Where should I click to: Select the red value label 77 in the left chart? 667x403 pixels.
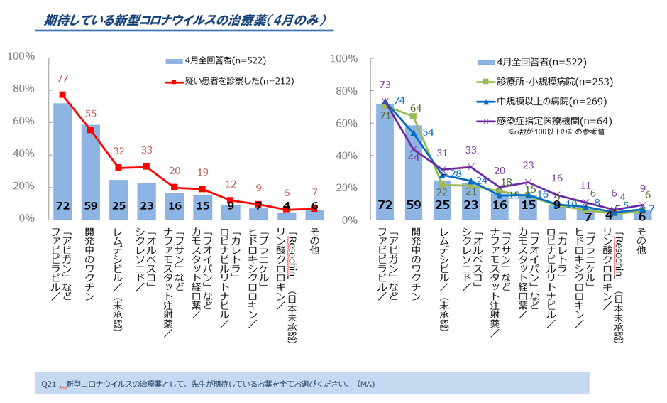62,79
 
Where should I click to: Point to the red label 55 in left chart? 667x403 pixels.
90,114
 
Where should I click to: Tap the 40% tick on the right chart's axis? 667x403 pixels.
343,155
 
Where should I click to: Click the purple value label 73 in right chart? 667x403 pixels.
385,85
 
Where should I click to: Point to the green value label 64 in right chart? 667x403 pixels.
416,108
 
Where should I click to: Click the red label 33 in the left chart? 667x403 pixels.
147,151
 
